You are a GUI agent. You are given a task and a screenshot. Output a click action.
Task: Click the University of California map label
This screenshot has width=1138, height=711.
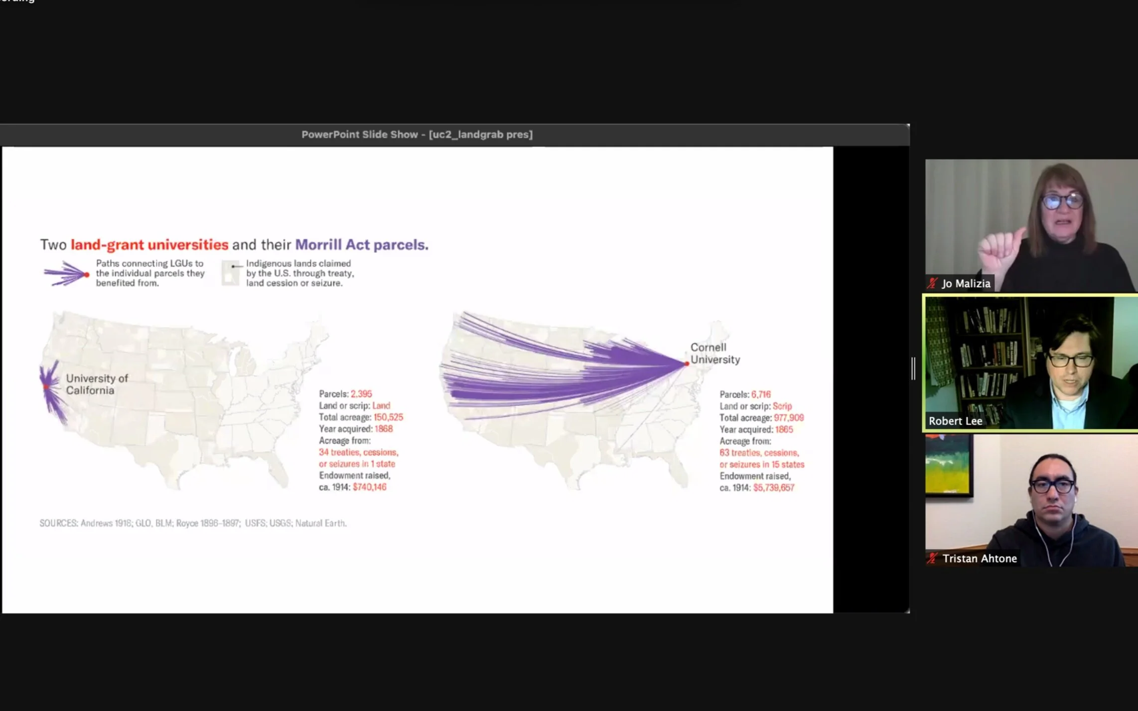pyautogui.click(x=97, y=384)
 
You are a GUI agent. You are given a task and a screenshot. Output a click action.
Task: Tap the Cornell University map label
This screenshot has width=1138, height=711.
pyautogui.click(x=715, y=354)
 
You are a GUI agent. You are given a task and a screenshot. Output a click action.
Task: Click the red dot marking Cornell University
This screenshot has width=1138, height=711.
pyautogui.click(x=687, y=364)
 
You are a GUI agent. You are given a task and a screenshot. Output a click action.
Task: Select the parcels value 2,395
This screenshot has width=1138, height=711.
pyautogui.click(x=361, y=394)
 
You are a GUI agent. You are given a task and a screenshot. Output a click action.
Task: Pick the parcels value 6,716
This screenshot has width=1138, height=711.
pyautogui.click(x=761, y=394)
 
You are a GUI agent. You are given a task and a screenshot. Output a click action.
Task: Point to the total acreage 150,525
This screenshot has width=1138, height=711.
pyautogui.click(x=388, y=417)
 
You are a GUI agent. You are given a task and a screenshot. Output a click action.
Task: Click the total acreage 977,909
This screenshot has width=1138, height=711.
pyautogui.click(x=789, y=418)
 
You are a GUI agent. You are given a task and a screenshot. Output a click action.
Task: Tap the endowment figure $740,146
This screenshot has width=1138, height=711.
pyautogui.click(x=370, y=487)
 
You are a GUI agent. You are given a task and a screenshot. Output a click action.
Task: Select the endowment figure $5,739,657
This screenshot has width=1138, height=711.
pyautogui.click(x=774, y=487)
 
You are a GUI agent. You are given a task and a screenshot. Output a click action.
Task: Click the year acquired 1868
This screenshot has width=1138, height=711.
pyautogui.click(x=383, y=429)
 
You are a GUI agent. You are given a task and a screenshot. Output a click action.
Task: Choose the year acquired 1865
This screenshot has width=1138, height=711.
pyautogui.click(x=784, y=429)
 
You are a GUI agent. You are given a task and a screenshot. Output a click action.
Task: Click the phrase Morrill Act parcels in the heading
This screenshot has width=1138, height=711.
pyautogui.click(x=362, y=244)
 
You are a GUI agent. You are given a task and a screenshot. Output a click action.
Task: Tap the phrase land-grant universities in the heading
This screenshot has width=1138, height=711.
pyautogui.click(x=149, y=244)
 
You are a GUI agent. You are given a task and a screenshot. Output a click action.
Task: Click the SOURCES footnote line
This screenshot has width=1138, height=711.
pyautogui.click(x=193, y=523)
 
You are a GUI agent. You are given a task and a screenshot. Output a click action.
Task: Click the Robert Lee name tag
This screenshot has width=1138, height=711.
pyautogui.click(x=955, y=421)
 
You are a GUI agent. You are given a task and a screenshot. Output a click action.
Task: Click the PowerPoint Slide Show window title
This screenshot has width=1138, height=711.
pyautogui.click(x=417, y=134)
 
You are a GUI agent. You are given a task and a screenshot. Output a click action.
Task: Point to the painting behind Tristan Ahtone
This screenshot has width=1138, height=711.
pyautogui.click(x=948, y=465)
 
